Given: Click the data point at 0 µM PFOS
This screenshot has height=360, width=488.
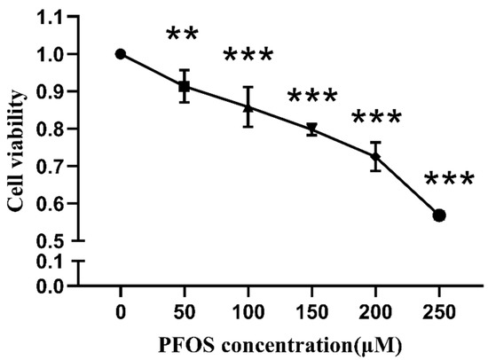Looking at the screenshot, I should (x=120, y=54).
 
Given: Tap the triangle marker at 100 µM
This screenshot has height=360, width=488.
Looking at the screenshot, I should (x=248, y=108).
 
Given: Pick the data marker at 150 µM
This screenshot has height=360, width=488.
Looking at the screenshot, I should (x=312, y=129).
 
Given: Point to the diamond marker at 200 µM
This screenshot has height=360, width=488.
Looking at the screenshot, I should (x=376, y=157).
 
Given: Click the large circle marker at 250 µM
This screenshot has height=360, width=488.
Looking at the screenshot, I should (x=439, y=215).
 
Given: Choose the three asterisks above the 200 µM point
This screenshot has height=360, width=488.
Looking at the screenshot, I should (x=377, y=119).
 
